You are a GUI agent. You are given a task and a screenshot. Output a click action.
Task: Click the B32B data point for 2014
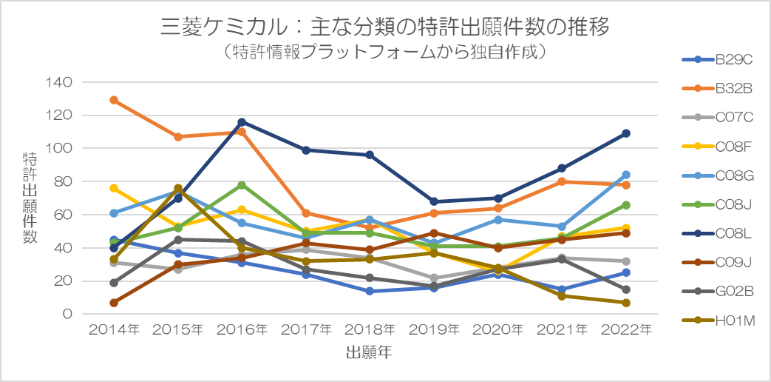(x=114, y=100)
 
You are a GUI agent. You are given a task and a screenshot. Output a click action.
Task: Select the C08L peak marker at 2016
(x=242, y=121)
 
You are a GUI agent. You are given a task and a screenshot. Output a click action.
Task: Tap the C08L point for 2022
(x=626, y=133)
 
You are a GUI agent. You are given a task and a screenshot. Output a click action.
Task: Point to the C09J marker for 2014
(x=114, y=303)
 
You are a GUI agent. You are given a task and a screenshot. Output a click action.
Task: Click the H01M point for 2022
(x=626, y=303)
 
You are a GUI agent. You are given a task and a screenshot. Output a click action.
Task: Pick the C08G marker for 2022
(x=626, y=175)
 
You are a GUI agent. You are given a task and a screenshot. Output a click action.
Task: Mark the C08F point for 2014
(x=114, y=188)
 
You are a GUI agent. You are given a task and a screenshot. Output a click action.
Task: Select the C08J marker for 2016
(x=242, y=185)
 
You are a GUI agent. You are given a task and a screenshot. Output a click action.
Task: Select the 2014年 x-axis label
(x=114, y=329)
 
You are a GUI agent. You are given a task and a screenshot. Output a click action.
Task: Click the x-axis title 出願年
(x=369, y=353)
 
